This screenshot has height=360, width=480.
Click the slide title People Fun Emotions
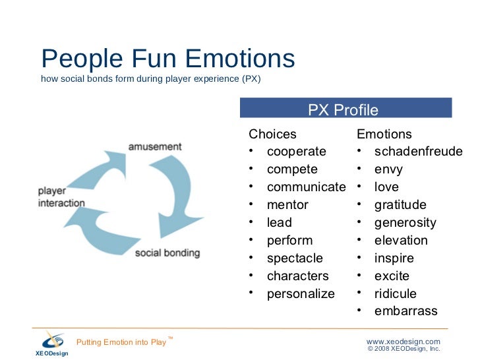[x=167, y=59]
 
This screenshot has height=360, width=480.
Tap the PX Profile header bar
[x=345, y=109]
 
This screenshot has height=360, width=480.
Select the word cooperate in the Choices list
[x=296, y=152]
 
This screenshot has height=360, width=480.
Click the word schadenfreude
[x=418, y=152]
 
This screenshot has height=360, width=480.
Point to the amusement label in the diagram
[x=155, y=146]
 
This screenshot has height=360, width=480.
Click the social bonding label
[x=167, y=253]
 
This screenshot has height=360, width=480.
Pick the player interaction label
[x=61, y=197]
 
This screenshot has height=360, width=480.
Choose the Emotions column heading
[x=384, y=134]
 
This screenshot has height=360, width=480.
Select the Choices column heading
[x=272, y=134]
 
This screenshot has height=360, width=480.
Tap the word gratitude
[x=400, y=205]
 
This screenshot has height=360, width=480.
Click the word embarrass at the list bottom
[x=405, y=311]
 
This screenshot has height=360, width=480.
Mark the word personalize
[x=301, y=294]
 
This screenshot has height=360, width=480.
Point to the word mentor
[x=287, y=205]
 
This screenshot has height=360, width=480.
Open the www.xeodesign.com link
[x=403, y=341]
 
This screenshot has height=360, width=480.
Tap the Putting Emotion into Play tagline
[x=122, y=342]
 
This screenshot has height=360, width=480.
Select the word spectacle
[x=295, y=258]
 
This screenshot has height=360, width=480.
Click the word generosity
[x=405, y=223]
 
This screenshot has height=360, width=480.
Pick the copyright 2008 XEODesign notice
[x=404, y=349]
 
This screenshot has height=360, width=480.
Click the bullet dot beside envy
[x=360, y=169]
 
